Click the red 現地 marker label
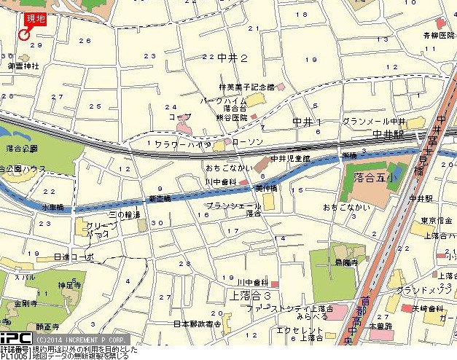34,19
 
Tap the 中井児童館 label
290,157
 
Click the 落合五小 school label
370,177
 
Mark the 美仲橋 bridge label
267,188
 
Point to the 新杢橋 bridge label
159,198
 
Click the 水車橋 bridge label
53,207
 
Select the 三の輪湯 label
122,215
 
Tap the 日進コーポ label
74,257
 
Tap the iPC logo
15,339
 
